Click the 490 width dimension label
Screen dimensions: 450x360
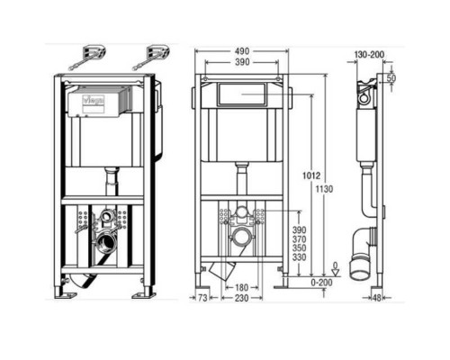click(242, 51)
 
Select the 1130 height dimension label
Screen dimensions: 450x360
click(325, 189)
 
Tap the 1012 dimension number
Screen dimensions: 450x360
click(311, 175)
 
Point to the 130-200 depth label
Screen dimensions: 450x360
click(369, 55)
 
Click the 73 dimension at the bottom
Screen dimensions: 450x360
click(202, 298)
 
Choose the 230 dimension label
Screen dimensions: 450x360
click(241, 298)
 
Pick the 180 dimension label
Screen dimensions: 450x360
click(241, 288)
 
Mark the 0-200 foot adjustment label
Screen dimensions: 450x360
click(321, 283)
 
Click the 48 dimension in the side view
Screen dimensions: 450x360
click(376, 298)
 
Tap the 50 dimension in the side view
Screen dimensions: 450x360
click(391, 78)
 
